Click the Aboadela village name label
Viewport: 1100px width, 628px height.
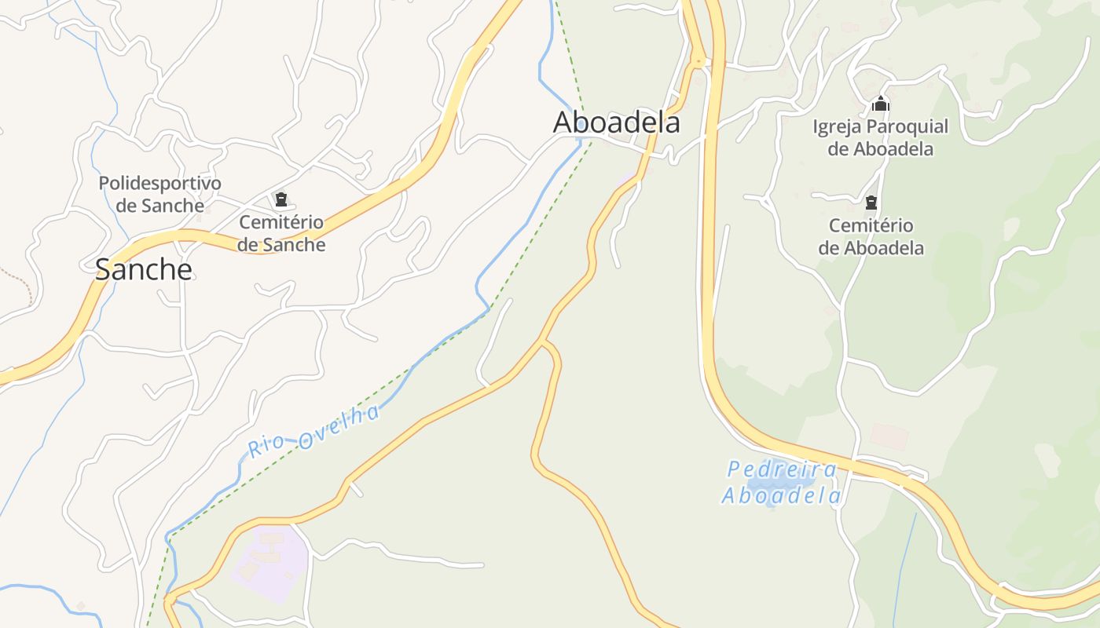[x=616, y=122]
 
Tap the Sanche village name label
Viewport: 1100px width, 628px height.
[x=144, y=269]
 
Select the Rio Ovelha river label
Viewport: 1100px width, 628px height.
[x=314, y=431]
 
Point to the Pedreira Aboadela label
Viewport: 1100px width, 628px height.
[x=782, y=483]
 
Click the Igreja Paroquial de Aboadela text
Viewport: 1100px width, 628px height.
[x=881, y=137]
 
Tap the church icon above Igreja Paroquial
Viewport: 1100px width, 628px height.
[x=881, y=104]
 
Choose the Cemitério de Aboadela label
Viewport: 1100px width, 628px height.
[x=871, y=237]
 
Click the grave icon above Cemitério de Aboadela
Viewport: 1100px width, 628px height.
[x=871, y=203]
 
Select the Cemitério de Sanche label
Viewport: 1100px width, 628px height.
[x=281, y=233]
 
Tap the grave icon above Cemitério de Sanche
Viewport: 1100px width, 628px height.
[x=280, y=199]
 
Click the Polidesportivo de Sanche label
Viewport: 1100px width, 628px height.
[x=160, y=194]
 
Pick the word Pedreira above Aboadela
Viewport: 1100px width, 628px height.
[x=782, y=469]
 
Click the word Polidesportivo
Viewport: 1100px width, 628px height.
[x=160, y=183]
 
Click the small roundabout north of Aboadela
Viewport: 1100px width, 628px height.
[x=697, y=60]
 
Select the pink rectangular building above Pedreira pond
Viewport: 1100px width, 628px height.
[x=889, y=436]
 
